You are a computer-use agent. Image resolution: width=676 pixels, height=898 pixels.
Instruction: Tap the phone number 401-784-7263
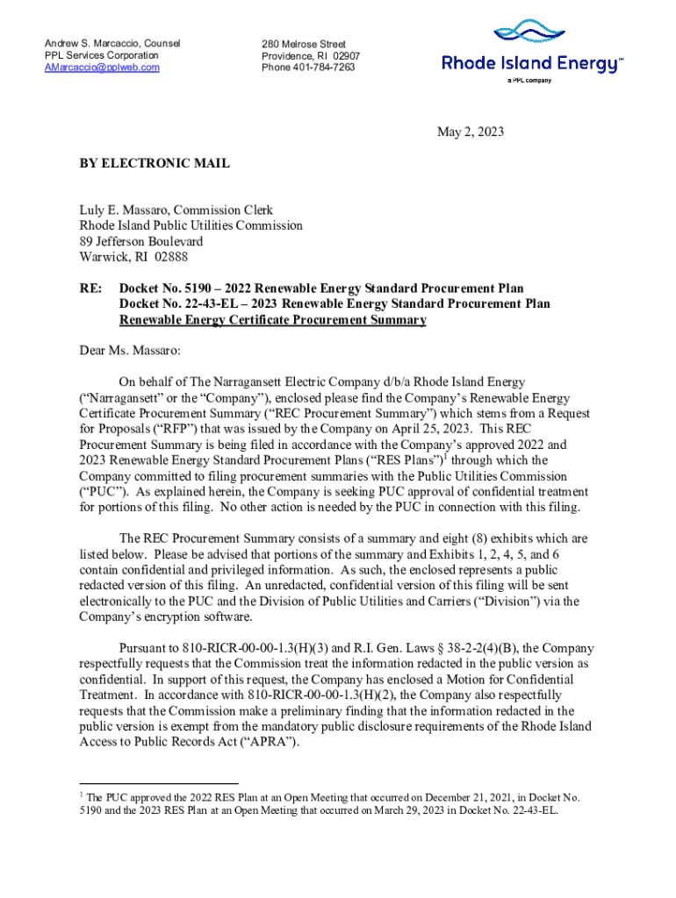[325, 68]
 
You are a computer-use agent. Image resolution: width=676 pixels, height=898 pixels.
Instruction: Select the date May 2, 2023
[471, 132]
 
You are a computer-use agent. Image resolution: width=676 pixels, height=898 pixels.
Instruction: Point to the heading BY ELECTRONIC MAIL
[155, 163]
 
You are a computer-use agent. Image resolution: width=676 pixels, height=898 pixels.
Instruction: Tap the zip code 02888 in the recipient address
[170, 257]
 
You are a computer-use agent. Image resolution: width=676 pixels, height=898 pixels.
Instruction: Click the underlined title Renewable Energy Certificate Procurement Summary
[272, 320]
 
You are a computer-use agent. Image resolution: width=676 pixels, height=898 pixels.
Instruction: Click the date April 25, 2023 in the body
[428, 429]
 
